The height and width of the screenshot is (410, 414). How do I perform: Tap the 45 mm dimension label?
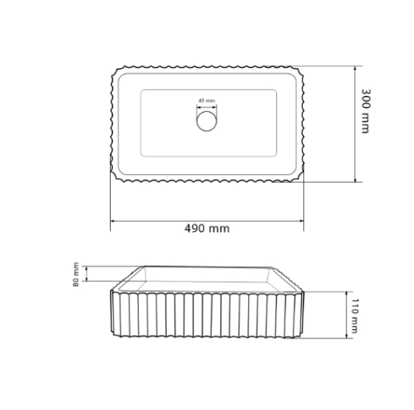coord(207,101)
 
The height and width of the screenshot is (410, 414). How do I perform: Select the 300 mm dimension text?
coord(365,111)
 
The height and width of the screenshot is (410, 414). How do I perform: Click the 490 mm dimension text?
coord(207,228)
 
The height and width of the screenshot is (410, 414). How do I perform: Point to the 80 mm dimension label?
coord(76,274)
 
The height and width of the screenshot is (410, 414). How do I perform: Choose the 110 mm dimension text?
coord(354,315)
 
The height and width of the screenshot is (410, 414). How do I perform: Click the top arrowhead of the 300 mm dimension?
coord(355,68)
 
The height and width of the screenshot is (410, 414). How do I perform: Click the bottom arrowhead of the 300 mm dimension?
coord(355,180)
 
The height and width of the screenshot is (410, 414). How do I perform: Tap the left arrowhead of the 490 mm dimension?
coord(113,221)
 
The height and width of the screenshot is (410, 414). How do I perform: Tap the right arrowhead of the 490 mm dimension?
coord(301,221)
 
